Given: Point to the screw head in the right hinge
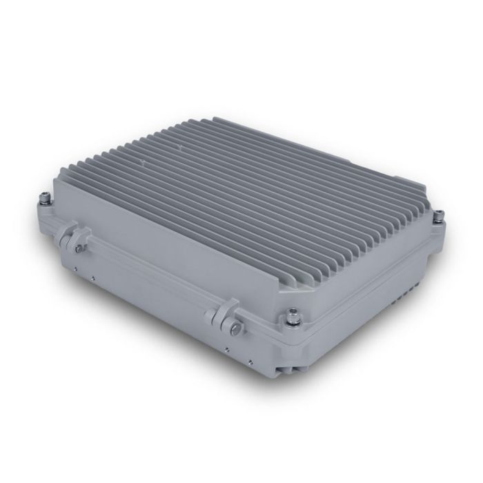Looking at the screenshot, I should [x=236, y=326].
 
